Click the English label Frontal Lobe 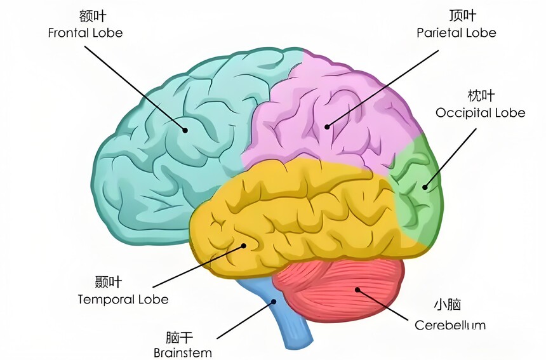(x=85, y=33)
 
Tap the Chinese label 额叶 (x=92, y=16)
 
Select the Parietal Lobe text (x=456, y=33)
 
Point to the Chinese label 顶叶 (x=462, y=16)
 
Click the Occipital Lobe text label (x=480, y=112)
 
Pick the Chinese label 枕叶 (x=481, y=95)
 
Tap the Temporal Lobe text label (x=123, y=300)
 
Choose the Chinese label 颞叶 (x=109, y=282)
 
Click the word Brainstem (x=182, y=352)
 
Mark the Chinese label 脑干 (x=179, y=337)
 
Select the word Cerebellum (x=449, y=325)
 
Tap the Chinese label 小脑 (x=448, y=305)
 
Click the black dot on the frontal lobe (x=185, y=130)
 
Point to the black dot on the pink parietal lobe (x=327, y=127)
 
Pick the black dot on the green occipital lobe (x=425, y=187)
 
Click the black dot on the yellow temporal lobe (x=244, y=246)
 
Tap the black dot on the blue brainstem (x=274, y=302)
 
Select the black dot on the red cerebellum (x=357, y=290)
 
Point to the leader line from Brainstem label (x=246, y=319)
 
